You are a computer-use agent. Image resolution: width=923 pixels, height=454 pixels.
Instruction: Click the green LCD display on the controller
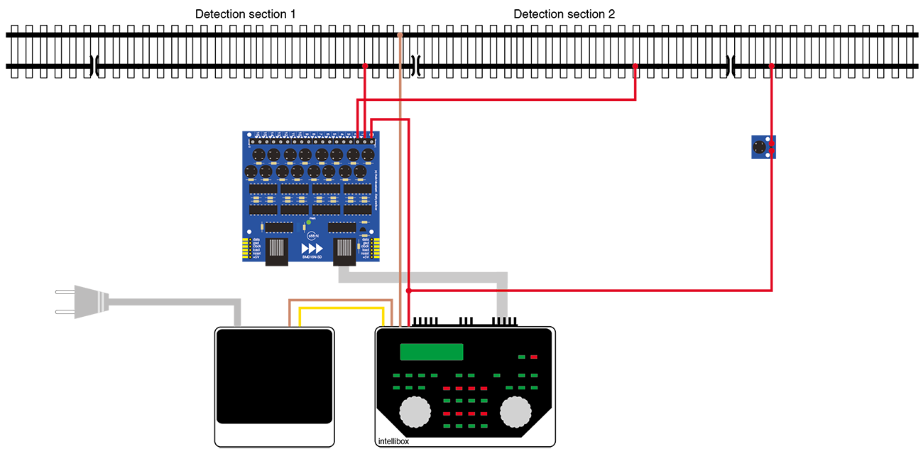click(x=432, y=352)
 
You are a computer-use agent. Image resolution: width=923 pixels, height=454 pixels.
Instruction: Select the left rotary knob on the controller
click(x=415, y=411)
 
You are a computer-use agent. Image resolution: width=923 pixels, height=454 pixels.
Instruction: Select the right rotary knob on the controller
click(x=516, y=411)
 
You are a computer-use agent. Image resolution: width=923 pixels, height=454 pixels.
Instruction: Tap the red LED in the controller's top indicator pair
click(x=534, y=357)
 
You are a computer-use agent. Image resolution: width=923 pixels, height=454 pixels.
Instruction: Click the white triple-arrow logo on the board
click(x=312, y=248)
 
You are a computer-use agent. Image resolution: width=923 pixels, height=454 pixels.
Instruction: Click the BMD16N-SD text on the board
click(x=313, y=259)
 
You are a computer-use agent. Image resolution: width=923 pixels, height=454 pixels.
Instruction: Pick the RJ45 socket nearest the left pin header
click(x=278, y=248)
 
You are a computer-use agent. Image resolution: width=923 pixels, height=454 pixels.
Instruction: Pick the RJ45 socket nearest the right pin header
click(x=345, y=248)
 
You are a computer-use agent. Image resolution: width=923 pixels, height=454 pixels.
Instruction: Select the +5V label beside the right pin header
click(x=366, y=257)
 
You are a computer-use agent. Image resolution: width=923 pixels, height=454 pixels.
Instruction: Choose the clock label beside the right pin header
click(x=366, y=245)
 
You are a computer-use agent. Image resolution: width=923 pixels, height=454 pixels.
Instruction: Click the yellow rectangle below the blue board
click(x=341, y=313)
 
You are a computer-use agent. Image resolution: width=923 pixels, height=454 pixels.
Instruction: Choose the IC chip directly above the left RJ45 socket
click(x=279, y=227)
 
